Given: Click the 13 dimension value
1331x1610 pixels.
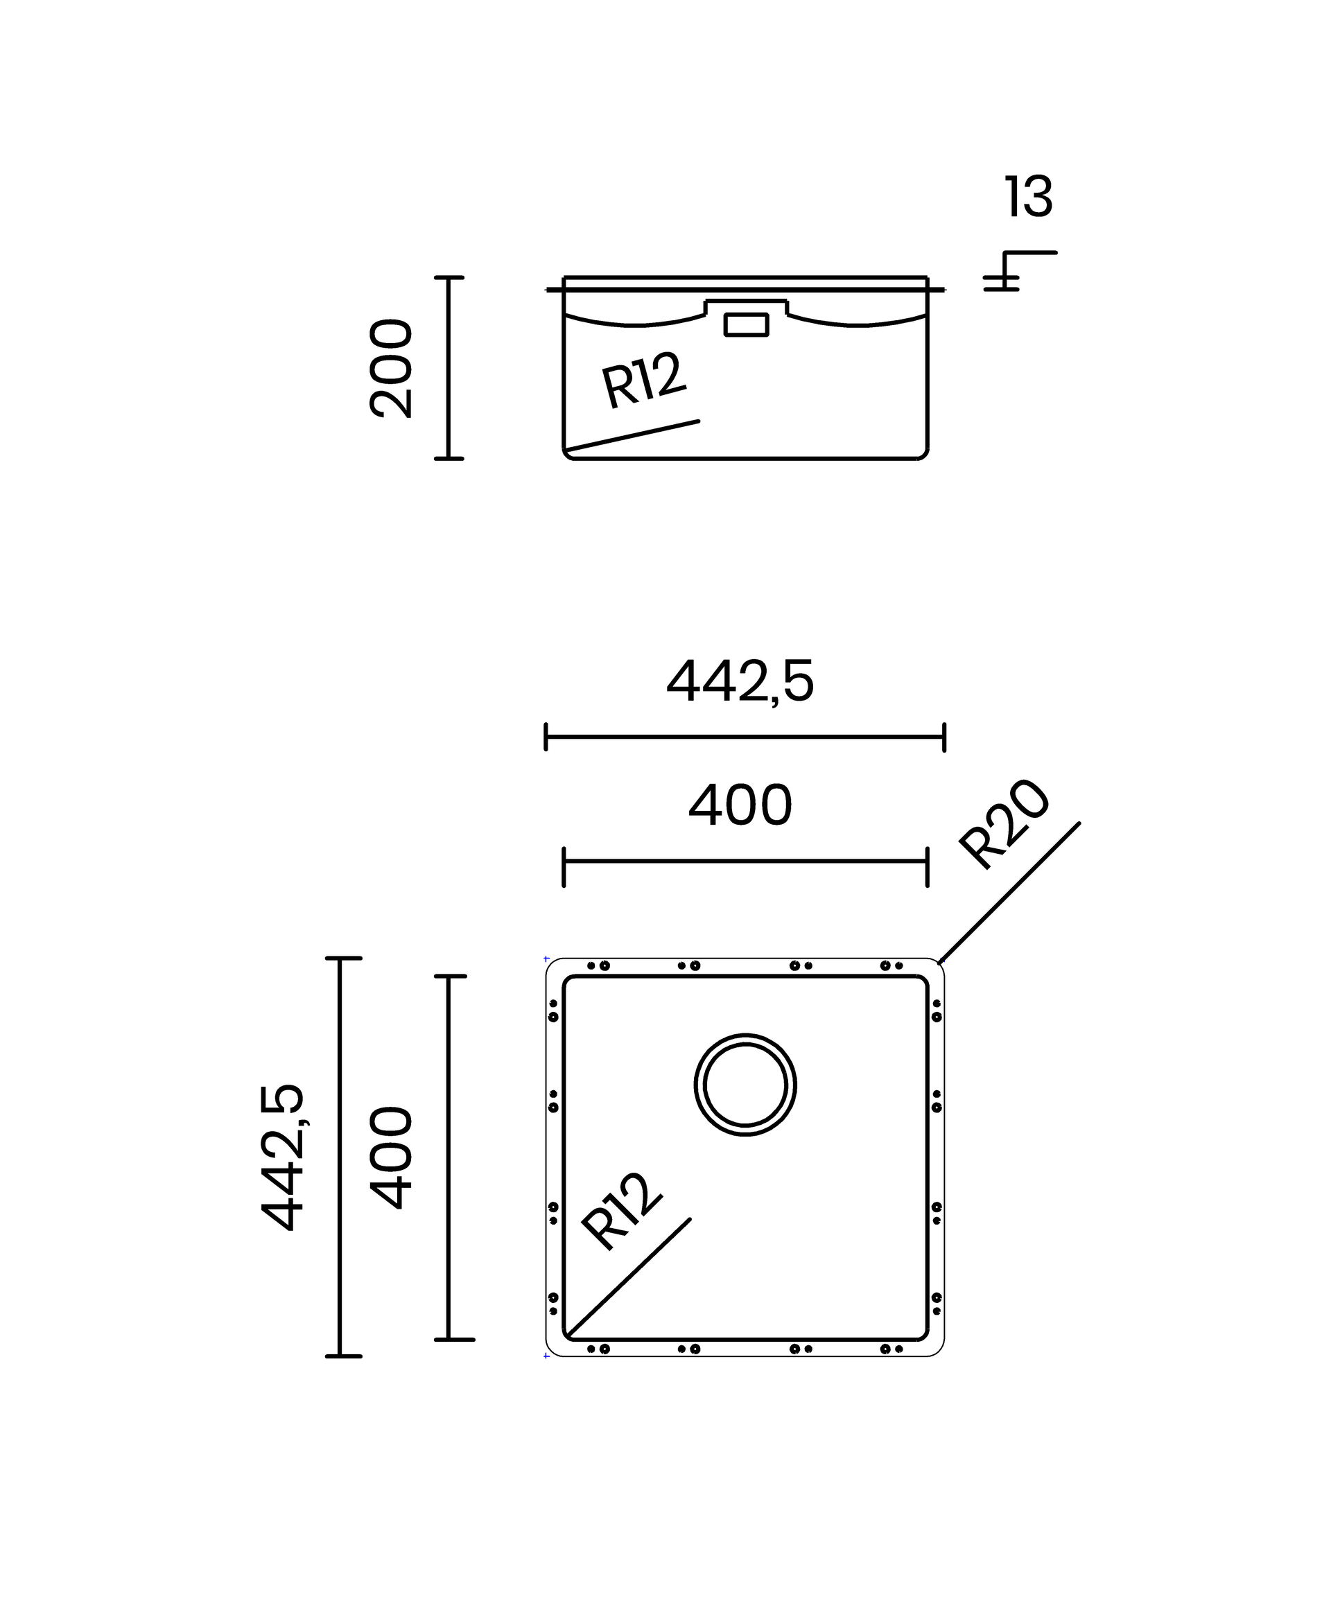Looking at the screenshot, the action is (1028, 197).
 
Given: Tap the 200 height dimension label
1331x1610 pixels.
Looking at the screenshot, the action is (391, 369).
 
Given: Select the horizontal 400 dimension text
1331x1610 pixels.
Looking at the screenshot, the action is (740, 805).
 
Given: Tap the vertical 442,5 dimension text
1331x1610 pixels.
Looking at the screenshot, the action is (283, 1157).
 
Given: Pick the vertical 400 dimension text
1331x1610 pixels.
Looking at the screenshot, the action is (391, 1157).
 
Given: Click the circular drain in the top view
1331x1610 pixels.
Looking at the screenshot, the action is (745, 1034).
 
